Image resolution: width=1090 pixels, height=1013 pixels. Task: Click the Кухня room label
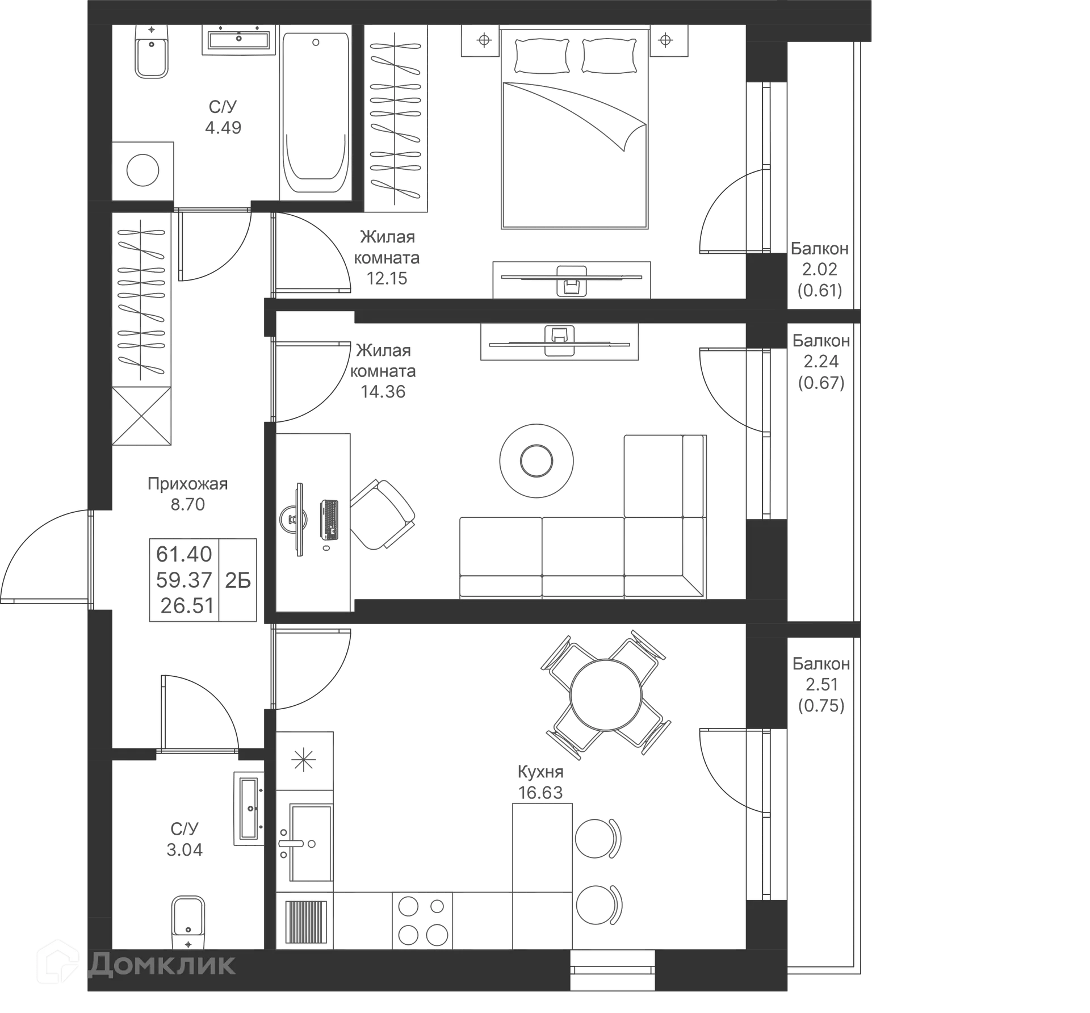tap(540, 772)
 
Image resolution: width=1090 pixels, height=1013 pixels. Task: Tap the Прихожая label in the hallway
tap(187, 483)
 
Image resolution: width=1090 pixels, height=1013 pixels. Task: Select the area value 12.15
tap(387, 278)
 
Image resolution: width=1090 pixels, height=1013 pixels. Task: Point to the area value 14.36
tap(384, 391)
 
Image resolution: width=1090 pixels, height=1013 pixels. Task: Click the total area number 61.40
tap(183, 553)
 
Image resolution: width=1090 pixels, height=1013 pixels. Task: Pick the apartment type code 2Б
tap(238, 580)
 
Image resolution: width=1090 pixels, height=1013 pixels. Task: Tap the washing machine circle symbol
tap(142, 170)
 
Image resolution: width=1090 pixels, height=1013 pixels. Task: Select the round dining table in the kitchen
tap(606, 694)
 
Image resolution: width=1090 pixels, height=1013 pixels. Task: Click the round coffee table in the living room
tap(535, 460)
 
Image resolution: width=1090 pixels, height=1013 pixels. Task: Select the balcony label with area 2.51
tap(821, 684)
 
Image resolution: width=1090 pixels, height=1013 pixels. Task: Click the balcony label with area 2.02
tap(820, 269)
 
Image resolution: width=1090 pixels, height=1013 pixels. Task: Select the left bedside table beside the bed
tap(481, 41)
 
